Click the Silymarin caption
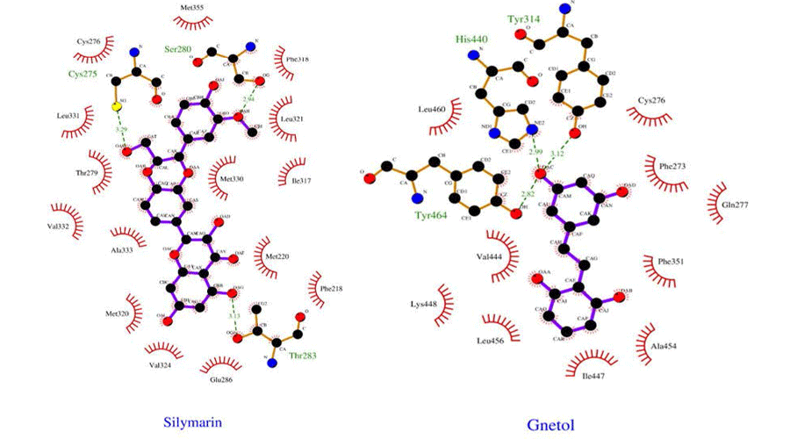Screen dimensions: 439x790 pos(193,421)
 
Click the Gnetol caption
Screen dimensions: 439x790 pos(550,425)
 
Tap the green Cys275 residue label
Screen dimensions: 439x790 pos(84,76)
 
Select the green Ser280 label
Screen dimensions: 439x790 pos(179,50)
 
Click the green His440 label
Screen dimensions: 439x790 pos(470,40)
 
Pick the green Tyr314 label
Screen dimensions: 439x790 pos(523,18)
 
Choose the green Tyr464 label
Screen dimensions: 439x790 pos(430,213)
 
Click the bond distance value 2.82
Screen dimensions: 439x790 pos(527,195)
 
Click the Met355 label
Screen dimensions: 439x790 pos(192,9)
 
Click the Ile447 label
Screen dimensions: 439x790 pos(592,376)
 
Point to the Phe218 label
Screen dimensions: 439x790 pos(331,287)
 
